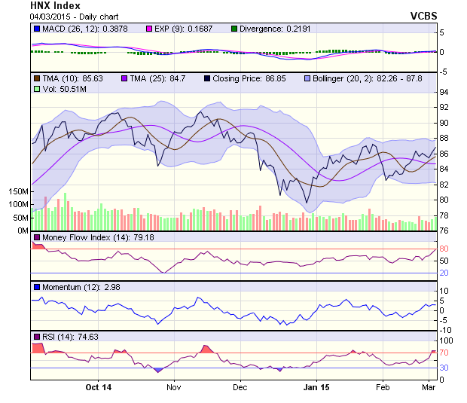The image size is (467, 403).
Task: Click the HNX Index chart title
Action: pos(55,5)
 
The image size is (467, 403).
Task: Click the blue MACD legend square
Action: pos(36,29)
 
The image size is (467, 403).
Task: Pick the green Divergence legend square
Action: pos(234,29)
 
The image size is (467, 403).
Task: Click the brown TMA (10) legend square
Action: pos(36,78)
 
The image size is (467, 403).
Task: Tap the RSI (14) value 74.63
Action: pos(88,336)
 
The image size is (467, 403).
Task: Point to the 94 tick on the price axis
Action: pos(444,92)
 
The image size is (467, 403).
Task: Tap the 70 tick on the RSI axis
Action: pos(444,352)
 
